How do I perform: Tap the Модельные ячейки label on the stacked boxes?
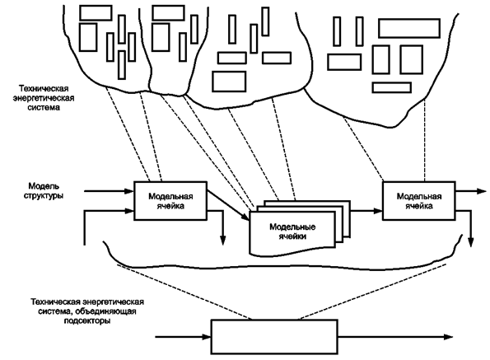292,231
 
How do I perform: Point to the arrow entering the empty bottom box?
183,337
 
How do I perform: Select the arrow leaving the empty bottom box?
395,337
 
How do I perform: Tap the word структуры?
44,196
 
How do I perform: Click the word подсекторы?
87,321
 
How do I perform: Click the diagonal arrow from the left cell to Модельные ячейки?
228,205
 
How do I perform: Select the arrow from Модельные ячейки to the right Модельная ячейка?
366,211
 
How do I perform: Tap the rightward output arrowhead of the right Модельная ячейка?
482,191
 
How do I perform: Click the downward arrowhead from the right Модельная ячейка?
470,242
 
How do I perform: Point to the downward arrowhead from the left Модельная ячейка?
222,240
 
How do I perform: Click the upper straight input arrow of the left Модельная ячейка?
109,191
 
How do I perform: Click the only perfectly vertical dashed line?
425,140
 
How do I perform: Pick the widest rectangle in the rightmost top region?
409,28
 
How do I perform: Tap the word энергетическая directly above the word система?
44,98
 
